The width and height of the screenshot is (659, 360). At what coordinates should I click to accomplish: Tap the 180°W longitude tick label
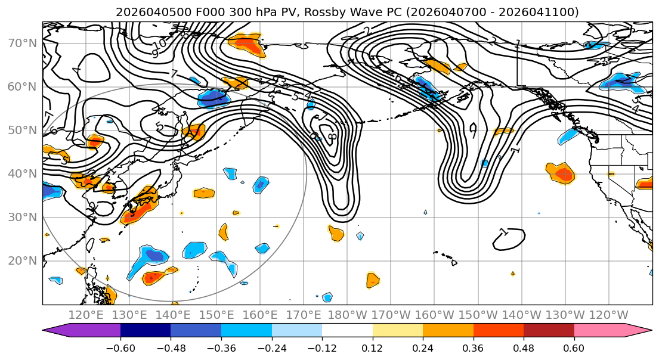pyautogui.click(x=347, y=315)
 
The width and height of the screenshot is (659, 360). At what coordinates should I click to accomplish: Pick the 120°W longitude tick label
pyautogui.click(x=608, y=315)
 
